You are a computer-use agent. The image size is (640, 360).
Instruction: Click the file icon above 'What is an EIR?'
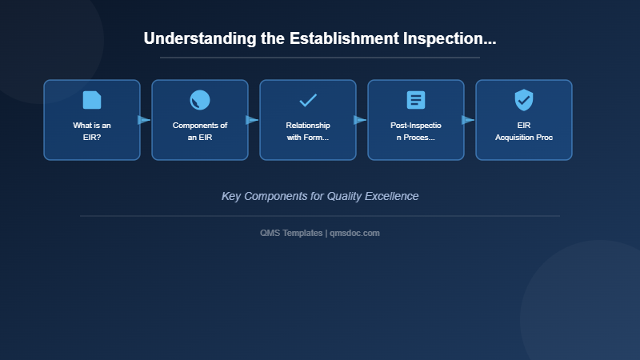[92, 100]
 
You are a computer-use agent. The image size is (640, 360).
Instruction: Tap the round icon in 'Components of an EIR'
[200, 100]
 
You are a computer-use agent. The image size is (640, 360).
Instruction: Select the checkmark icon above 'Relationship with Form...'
[308, 100]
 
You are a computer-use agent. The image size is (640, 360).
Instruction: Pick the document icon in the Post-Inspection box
[416, 100]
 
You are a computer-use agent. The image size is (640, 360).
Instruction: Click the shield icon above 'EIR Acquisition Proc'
[524, 100]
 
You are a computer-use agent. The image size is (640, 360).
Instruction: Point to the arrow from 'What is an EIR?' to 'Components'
[145, 120]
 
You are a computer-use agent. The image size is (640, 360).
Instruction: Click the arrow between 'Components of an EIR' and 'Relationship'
[253, 120]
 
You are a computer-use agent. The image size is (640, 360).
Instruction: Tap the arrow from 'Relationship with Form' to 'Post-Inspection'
[361, 120]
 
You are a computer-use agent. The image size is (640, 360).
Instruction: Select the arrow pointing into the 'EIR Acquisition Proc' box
[469, 120]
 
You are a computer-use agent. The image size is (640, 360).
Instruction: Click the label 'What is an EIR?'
[92, 131]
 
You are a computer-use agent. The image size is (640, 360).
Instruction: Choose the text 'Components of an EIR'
[200, 131]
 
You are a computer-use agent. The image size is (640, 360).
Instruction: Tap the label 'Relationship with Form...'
[308, 131]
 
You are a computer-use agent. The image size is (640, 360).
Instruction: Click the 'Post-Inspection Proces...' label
[416, 131]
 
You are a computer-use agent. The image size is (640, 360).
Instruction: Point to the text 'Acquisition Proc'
[524, 138]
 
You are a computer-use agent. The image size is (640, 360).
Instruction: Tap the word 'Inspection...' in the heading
[453, 38]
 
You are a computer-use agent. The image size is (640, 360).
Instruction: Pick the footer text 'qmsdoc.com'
[354, 233]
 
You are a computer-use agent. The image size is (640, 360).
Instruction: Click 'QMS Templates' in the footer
[292, 233]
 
